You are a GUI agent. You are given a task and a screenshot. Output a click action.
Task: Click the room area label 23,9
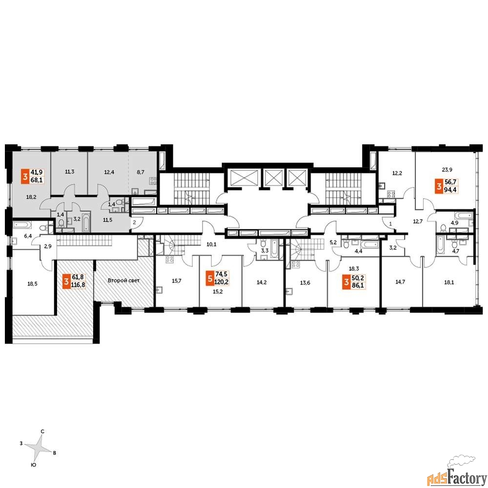[447, 170]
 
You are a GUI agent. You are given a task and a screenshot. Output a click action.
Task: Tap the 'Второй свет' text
[123, 281]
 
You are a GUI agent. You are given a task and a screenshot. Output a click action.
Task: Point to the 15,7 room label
[177, 281]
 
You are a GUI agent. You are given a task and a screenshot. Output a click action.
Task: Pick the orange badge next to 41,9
[25, 176]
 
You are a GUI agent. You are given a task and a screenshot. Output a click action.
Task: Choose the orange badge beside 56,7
[439, 186]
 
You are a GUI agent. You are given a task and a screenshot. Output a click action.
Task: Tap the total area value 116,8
[78, 284]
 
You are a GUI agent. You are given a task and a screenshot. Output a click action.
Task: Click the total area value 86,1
[358, 285]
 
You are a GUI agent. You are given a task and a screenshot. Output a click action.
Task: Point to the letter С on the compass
[42, 431]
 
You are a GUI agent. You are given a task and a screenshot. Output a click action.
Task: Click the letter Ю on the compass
[33, 465]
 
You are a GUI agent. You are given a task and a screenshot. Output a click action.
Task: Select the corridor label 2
[135, 222]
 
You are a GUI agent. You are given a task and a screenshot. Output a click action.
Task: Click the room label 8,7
[141, 172]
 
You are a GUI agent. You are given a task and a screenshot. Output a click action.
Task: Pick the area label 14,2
[262, 282]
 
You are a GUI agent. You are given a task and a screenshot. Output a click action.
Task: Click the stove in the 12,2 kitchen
[391, 195]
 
